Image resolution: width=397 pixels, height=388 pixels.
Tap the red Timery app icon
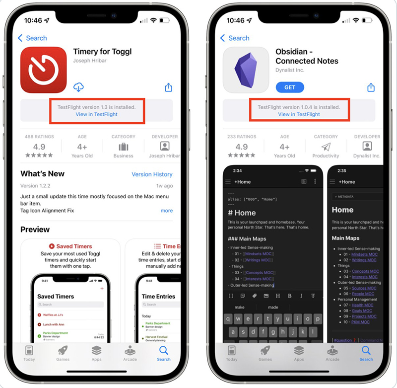click(44, 70)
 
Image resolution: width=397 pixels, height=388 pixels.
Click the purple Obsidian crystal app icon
click(246, 70)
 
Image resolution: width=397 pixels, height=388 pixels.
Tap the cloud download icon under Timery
click(78, 87)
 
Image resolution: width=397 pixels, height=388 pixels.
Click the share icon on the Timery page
click(169, 87)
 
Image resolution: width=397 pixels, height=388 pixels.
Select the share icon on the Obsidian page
click(371, 87)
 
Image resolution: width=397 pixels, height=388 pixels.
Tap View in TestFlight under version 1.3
click(97, 114)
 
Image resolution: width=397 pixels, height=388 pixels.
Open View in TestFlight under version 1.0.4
click(299, 114)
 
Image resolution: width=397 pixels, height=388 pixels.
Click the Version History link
click(152, 174)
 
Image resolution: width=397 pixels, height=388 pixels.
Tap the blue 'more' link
click(167, 211)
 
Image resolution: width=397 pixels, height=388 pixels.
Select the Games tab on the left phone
click(63, 353)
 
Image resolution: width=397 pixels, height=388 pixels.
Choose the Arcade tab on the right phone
click(332, 353)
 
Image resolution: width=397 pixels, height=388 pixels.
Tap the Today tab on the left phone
click(29, 353)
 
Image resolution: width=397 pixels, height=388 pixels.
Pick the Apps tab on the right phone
click(299, 353)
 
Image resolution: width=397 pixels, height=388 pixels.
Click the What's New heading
click(42, 174)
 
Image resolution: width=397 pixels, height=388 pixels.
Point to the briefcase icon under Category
click(124, 147)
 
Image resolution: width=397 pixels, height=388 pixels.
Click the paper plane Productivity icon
click(326, 147)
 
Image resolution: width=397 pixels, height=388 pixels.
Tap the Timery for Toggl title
click(102, 52)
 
